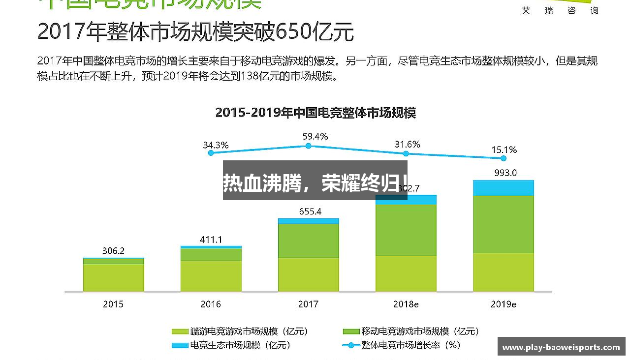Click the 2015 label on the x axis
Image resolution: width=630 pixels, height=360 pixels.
click(x=113, y=304)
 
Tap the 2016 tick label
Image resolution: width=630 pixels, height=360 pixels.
click(x=211, y=304)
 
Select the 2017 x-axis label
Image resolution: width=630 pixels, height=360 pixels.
click(x=308, y=304)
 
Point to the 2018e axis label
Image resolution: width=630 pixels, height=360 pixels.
click(x=406, y=304)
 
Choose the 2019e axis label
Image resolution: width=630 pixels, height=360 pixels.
click(x=503, y=304)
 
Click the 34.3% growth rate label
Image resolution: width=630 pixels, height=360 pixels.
click(x=216, y=145)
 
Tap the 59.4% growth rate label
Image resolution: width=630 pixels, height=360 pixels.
click(x=315, y=136)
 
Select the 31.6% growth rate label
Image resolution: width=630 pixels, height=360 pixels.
click(x=407, y=144)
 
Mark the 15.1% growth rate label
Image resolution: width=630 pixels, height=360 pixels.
click(x=504, y=150)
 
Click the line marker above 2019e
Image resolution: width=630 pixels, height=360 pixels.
click(x=503, y=158)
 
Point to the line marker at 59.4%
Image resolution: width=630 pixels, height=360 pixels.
click(x=308, y=146)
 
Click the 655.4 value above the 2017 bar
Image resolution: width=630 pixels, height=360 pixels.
click(x=310, y=211)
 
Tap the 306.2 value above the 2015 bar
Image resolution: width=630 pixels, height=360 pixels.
click(x=113, y=251)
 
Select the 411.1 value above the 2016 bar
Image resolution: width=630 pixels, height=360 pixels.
click(x=211, y=240)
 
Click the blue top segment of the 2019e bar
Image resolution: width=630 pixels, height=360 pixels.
click(x=504, y=188)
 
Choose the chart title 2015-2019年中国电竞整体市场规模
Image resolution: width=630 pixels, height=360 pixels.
click(x=315, y=113)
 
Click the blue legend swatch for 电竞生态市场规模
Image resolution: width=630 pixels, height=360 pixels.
click(x=180, y=345)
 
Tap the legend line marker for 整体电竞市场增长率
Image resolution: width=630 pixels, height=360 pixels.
click(x=350, y=345)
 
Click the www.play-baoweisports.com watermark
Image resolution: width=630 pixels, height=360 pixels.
click(x=561, y=347)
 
